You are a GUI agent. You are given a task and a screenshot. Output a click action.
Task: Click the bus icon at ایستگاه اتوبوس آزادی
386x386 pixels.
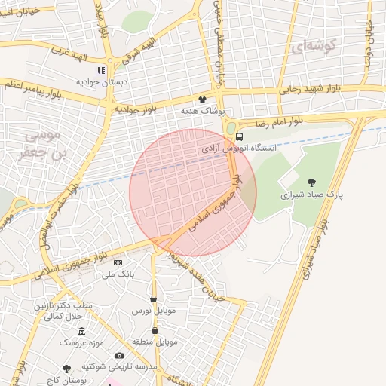pyautogui.click(x=239, y=137)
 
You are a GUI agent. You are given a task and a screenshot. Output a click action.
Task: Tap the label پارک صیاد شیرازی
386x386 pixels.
pyautogui.click(x=311, y=194)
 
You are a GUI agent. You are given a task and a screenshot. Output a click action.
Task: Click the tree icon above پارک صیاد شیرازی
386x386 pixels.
pyautogui.click(x=311, y=181)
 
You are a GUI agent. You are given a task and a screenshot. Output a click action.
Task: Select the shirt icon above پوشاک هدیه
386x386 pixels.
pyautogui.click(x=201, y=100)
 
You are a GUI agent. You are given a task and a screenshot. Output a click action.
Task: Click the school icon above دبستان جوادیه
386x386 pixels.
pyautogui.click(x=101, y=70)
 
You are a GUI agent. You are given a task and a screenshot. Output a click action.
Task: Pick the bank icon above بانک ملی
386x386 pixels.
pyautogui.click(x=118, y=262)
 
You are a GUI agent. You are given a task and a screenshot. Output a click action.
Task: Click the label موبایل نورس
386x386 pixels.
pyautogui.click(x=154, y=311)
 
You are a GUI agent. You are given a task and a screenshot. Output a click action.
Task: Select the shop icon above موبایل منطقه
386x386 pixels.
pyautogui.click(x=155, y=330)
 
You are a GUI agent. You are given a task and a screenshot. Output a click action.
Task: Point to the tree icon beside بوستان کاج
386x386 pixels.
pyautogui.click(x=67, y=369)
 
